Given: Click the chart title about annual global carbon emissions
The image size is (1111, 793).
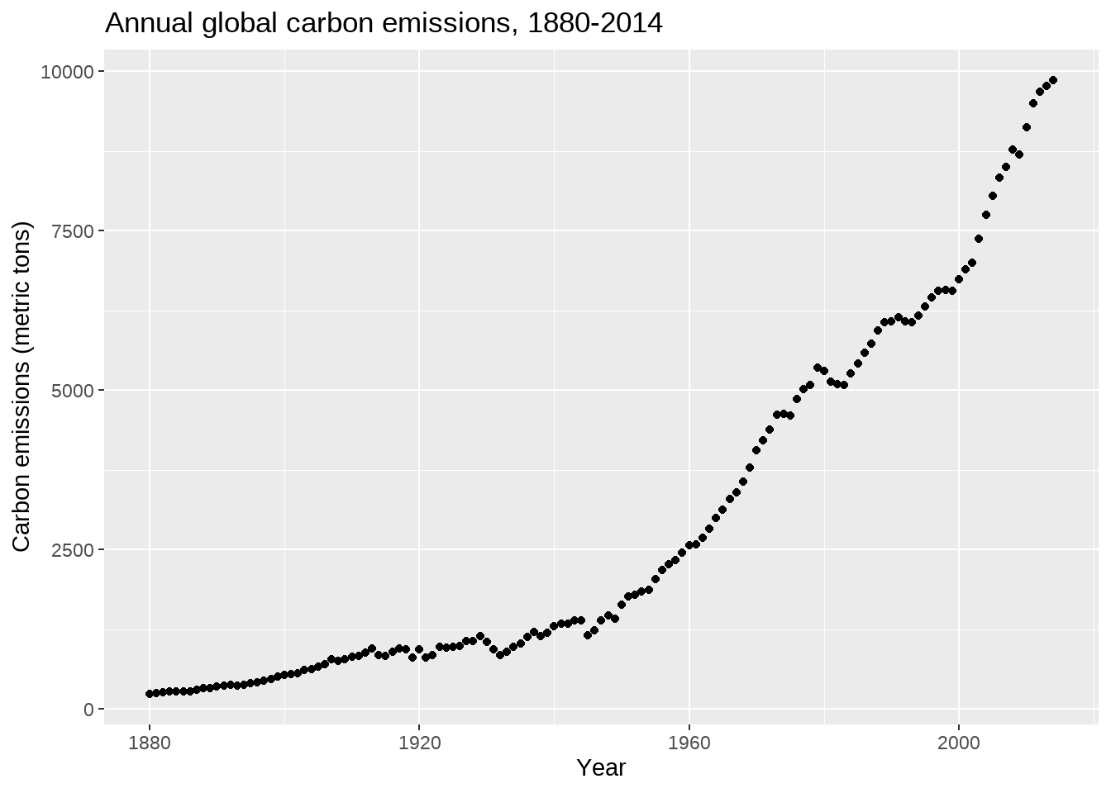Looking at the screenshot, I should pyautogui.click(x=384, y=23).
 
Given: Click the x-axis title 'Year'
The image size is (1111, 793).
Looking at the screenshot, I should pyautogui.click(x=601, y=767).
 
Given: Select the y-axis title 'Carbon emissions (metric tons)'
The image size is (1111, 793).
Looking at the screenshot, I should pyautogui.click(x=21, y=387).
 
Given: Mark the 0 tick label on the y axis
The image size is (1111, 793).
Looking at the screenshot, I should pyautogui.click(x=88, y=710).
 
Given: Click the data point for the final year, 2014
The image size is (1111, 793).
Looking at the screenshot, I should pyautogui.click(x=1053, y=80).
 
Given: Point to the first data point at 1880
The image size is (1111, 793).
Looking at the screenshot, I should pyautogui.click(x=150, y=694).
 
